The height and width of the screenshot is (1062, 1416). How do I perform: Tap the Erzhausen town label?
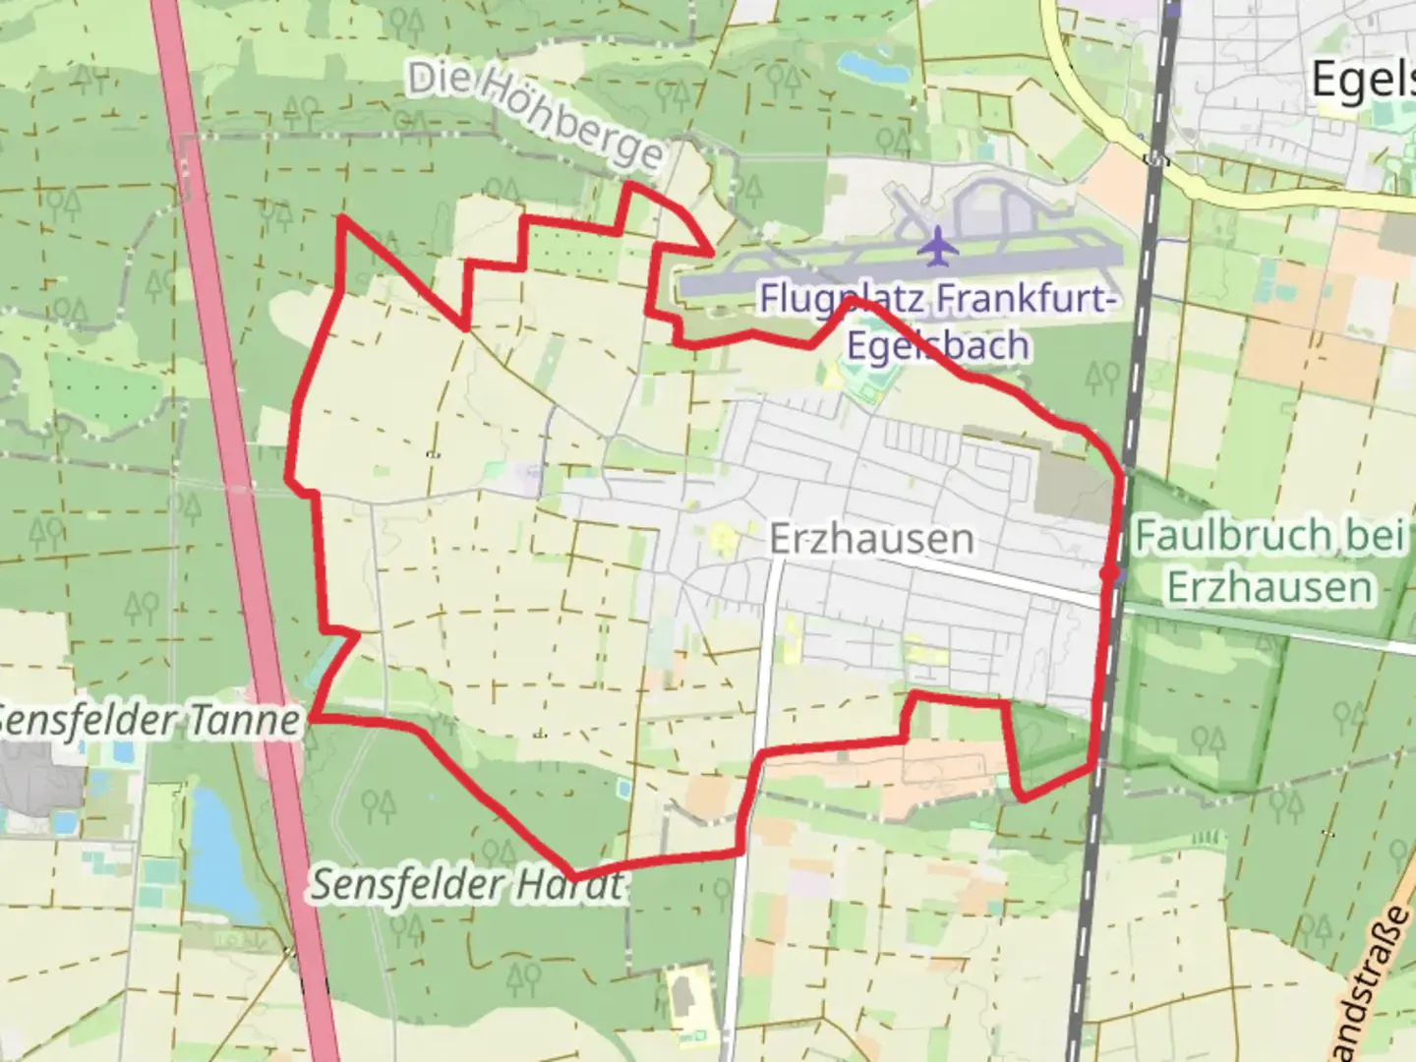(871, 539)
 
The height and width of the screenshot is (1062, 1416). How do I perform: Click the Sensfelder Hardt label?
(468, 885)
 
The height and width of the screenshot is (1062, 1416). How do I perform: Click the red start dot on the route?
(1110, 572)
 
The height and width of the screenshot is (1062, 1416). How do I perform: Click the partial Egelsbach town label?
(1363, 79)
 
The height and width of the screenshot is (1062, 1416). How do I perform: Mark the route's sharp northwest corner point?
(341, 217)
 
